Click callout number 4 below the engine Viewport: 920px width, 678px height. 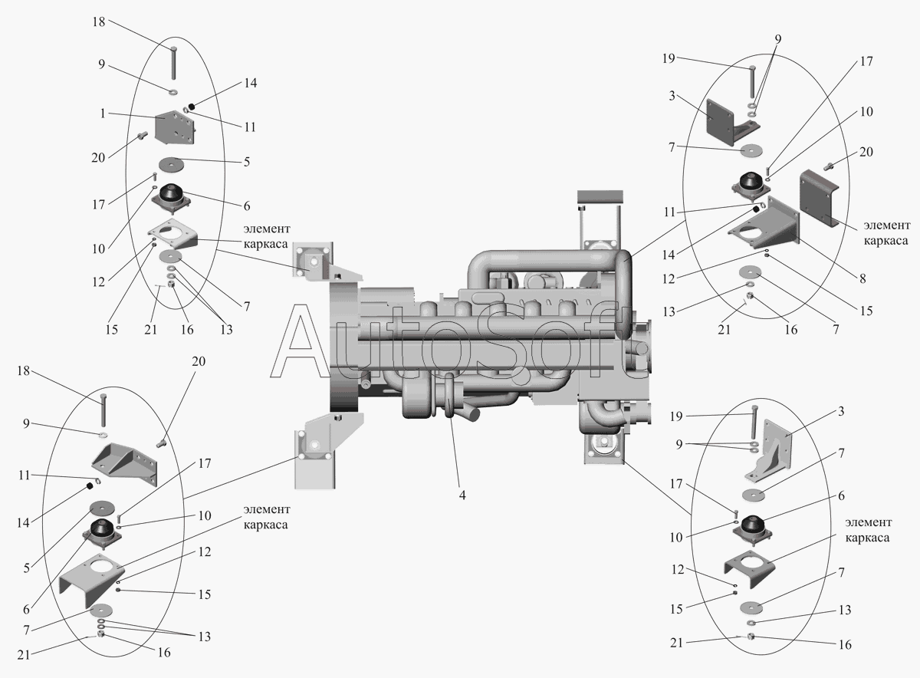[462, 495]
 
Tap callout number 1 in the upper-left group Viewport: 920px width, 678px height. [103, 114]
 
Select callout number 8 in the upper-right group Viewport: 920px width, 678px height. [863, 278]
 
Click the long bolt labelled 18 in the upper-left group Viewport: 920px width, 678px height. [174, 62]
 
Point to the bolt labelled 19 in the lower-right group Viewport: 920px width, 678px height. [754, 422]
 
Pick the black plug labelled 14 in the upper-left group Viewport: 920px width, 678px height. [192, 107]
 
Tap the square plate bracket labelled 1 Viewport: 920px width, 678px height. [175, 127]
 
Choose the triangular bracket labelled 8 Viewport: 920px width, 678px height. [764, 222]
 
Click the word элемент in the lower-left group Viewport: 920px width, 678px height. [267, 509]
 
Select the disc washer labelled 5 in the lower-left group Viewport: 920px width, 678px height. [101, 509]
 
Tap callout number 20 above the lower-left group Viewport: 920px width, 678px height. [199, 361]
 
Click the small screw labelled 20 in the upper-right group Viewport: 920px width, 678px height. [829, 166]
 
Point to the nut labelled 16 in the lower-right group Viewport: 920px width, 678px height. [751, 637]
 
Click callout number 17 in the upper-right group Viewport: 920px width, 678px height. [866, 61]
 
